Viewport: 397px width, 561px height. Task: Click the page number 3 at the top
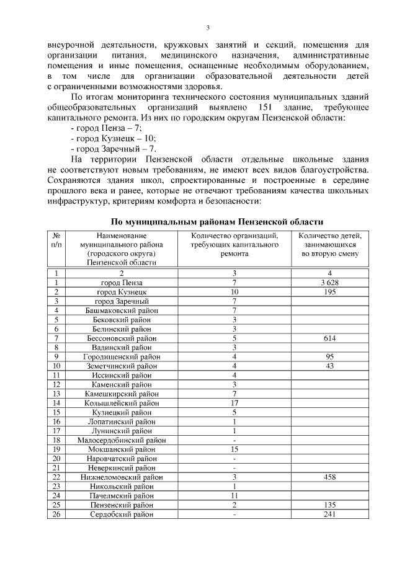tap(208, 28)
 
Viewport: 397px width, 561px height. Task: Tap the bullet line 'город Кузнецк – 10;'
tap(114, 138)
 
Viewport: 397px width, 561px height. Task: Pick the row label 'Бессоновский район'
tap(122, 338)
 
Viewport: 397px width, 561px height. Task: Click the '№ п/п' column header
tap(56, 241)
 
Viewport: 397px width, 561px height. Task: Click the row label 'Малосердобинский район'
tap(122, 440)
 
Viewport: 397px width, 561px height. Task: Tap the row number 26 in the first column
tap(56, 514)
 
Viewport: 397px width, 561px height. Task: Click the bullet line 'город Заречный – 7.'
tap(114, 149)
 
